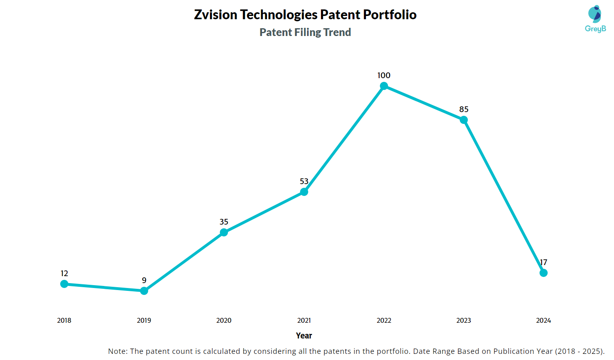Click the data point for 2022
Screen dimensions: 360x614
tap(384, 86)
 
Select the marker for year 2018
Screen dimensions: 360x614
tap(64, 284)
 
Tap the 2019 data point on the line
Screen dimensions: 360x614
tap(144, 291)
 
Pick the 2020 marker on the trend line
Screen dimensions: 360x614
tap(224, 232)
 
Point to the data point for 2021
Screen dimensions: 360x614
tap(304, 192)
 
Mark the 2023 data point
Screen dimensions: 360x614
tap(464, 120)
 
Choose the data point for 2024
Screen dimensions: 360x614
tap(544, 273)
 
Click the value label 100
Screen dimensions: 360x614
tap(384, 75)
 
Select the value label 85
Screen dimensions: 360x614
tap(464, 109)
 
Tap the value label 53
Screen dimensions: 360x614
tap(304, 181)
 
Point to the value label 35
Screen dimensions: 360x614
tap(224, 222)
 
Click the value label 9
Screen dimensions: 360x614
tap(144, 280)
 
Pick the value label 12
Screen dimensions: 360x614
tap(64, 273)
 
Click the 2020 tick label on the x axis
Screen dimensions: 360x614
tap(224, 320)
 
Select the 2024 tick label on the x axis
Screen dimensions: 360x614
tap(544, 320)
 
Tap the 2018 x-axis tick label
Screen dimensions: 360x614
tap(64, 320)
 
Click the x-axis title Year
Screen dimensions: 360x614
tap(304, 335)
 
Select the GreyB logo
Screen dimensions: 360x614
tap(595, 19)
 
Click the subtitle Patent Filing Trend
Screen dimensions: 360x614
tap(305, 32)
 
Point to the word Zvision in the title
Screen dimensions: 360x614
tap(216, 15)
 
